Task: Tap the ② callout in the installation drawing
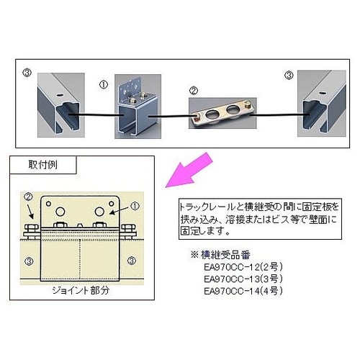click(27, 196)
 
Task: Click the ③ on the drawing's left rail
click(28, 259)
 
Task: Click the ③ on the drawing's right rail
click(130, 259)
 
